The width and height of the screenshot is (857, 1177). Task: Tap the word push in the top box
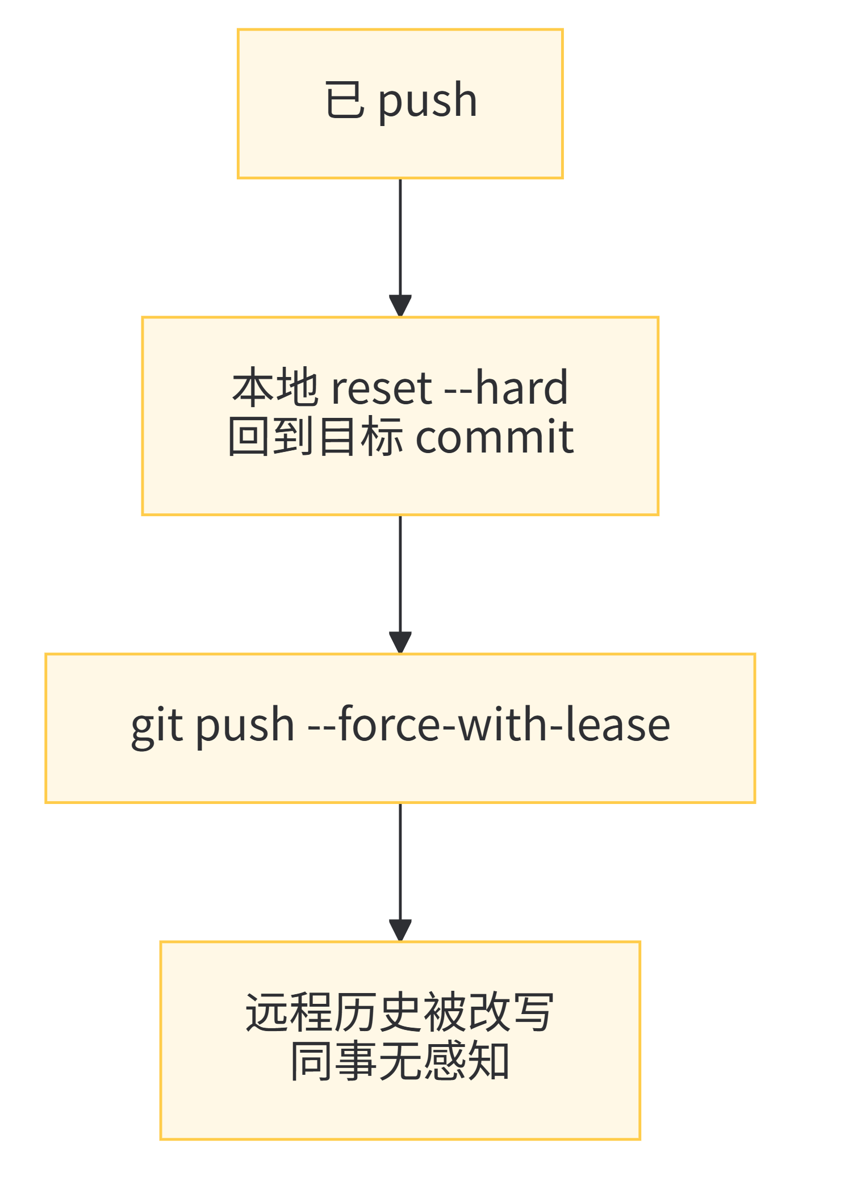428,101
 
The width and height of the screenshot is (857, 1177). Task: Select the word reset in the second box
382,389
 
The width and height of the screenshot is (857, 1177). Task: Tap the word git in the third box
157,727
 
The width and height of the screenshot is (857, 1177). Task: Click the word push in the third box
245,727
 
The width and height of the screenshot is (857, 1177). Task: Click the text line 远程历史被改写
400,1012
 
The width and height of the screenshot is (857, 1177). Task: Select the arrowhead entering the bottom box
400,930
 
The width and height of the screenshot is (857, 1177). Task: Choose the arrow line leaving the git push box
400,860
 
